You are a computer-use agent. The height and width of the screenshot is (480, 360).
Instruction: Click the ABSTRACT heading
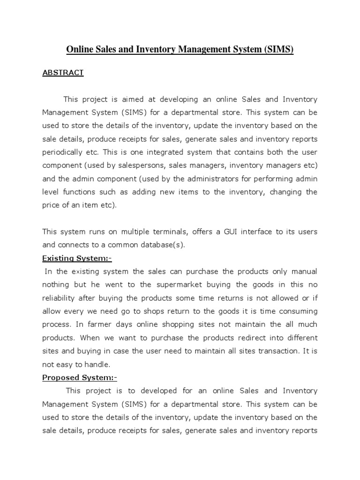63,73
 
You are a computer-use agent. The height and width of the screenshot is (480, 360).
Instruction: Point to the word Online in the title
79,49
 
